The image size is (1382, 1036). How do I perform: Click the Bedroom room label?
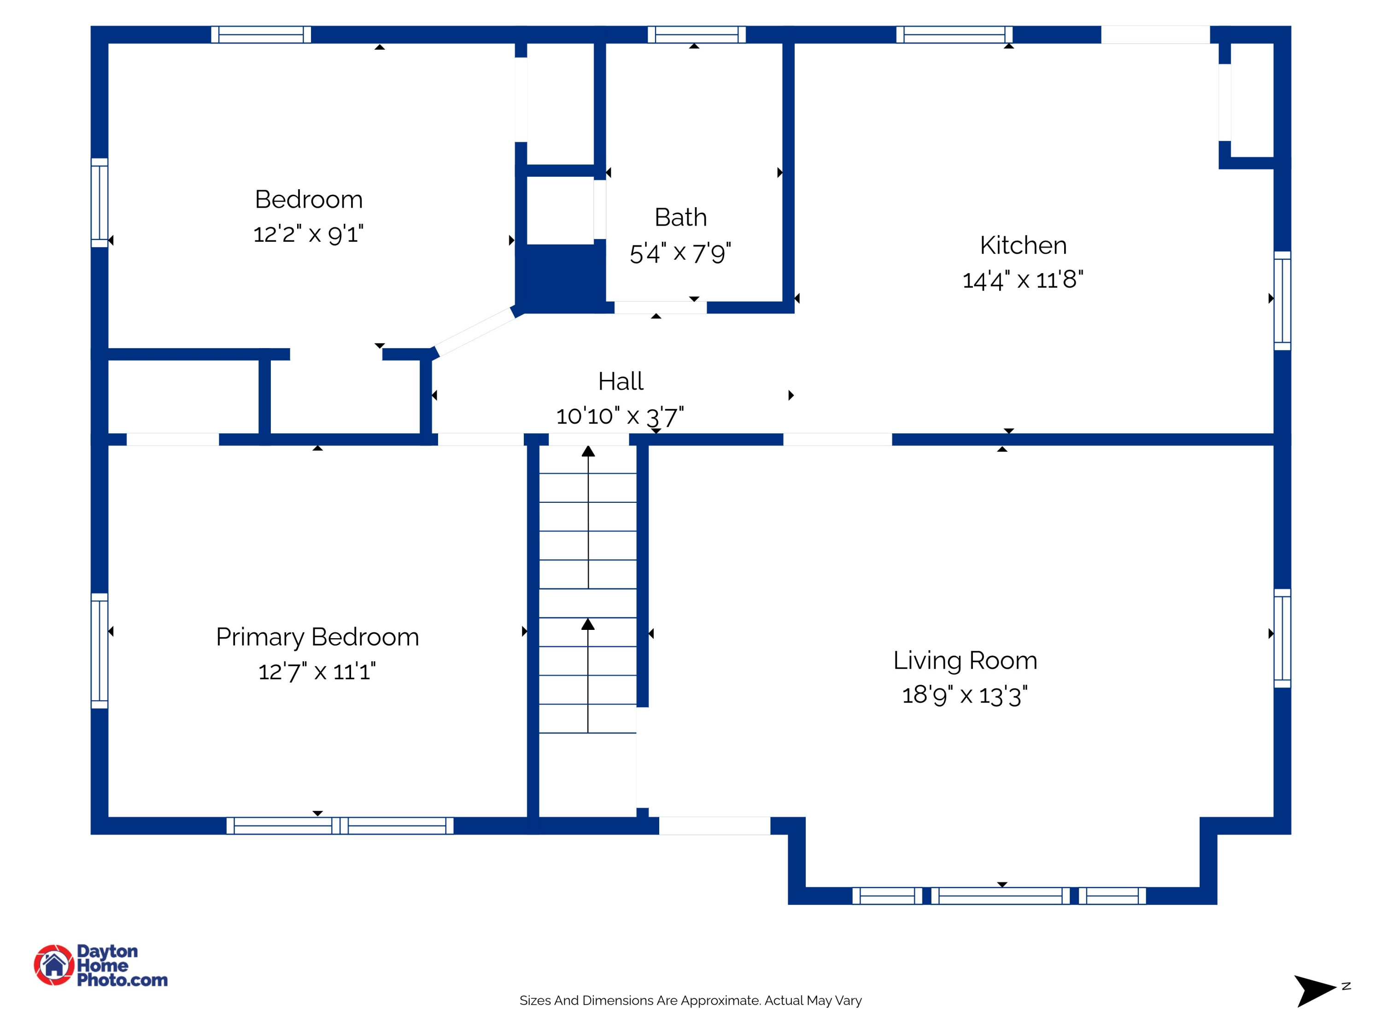309,200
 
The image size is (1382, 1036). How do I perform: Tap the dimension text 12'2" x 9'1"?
309,235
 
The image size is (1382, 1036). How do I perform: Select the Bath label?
680,217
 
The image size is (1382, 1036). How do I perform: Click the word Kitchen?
1023,245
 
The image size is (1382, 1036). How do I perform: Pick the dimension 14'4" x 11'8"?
1023,280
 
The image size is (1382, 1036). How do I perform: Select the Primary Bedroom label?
317,637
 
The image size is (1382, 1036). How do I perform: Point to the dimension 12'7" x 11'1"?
317,672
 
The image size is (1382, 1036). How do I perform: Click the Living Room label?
965,661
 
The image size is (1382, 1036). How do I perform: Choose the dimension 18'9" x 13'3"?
965,695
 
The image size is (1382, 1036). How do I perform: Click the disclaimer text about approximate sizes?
691,1001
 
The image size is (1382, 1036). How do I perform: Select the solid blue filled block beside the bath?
561,277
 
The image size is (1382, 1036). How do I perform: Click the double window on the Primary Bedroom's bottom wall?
340,826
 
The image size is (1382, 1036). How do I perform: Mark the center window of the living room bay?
1000,896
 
